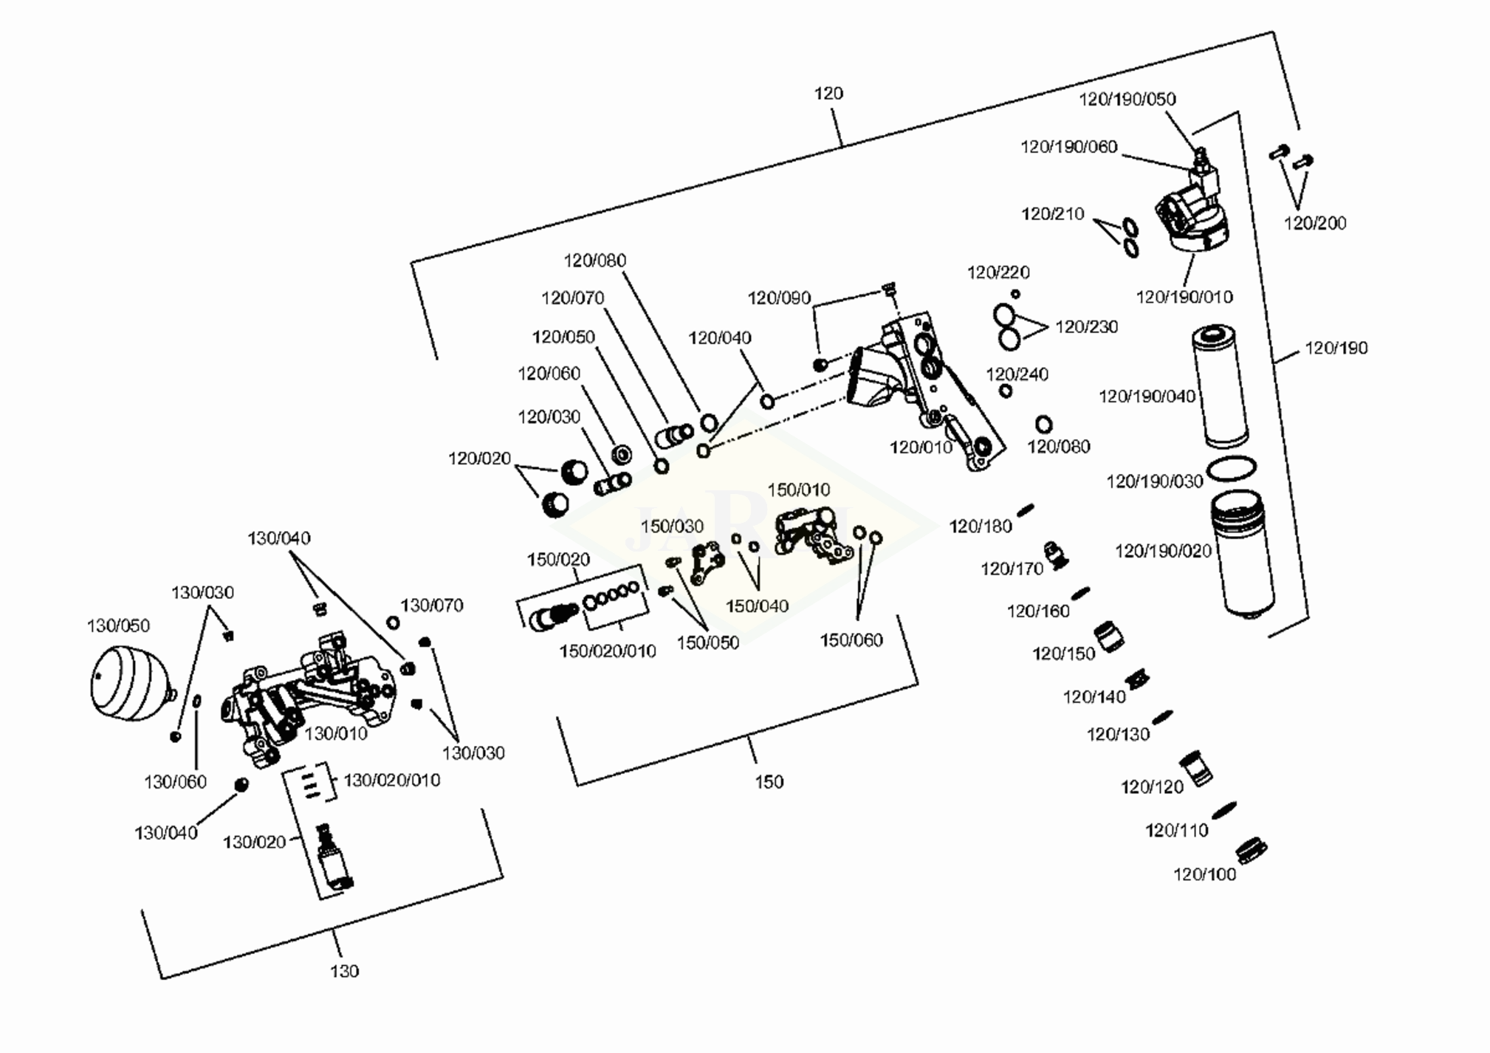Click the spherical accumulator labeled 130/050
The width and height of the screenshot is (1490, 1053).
tap(130, 683)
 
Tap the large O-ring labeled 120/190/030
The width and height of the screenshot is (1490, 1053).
tap(1231, 469)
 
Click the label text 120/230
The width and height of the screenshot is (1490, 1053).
tap(1086, 327)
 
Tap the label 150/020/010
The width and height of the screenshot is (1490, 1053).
tap(608, 651)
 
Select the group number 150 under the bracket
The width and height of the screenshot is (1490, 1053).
tap(769, 782)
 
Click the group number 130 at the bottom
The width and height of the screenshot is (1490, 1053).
tap(344, 971)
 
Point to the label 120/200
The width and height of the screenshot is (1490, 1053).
tap(1315, 223)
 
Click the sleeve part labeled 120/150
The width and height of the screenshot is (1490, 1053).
tap(1108, 637)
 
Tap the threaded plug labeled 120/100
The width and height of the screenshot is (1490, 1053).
tap(1249, 850)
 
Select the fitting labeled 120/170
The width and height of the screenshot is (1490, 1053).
tap(1056, 555)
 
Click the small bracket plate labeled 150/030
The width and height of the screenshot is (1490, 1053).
tap(706, 561)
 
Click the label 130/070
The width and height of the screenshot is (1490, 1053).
tap(432, 606)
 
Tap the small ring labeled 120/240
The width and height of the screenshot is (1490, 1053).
tap(1006, 391)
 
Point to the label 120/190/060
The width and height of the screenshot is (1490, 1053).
tap(1068, 147)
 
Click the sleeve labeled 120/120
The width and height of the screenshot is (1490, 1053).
tap(1195, 769)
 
